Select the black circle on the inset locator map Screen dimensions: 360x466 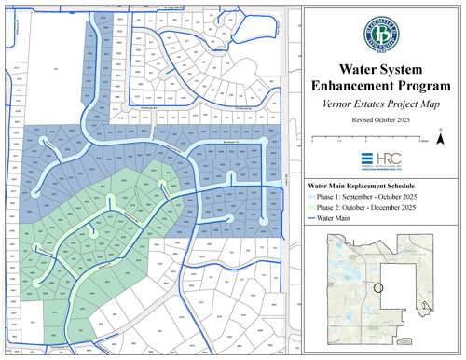[378, 287]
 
